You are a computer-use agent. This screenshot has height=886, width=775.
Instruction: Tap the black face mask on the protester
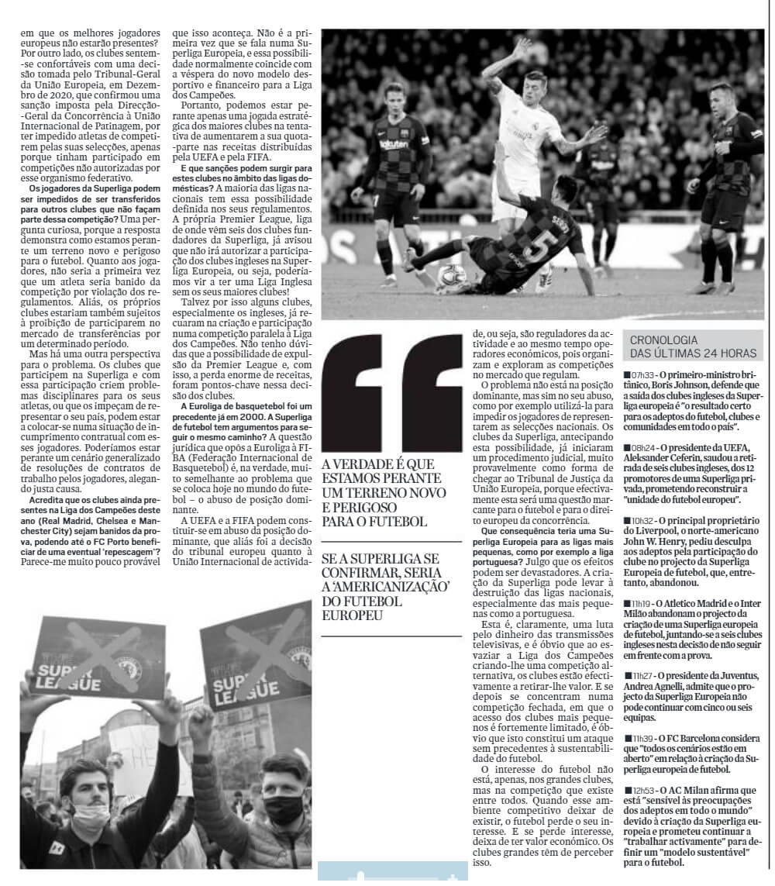coord(284,808)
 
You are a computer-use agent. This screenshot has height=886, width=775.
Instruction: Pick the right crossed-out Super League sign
coord(253,670)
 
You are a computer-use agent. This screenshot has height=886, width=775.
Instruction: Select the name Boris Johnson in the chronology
coord(677,385)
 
